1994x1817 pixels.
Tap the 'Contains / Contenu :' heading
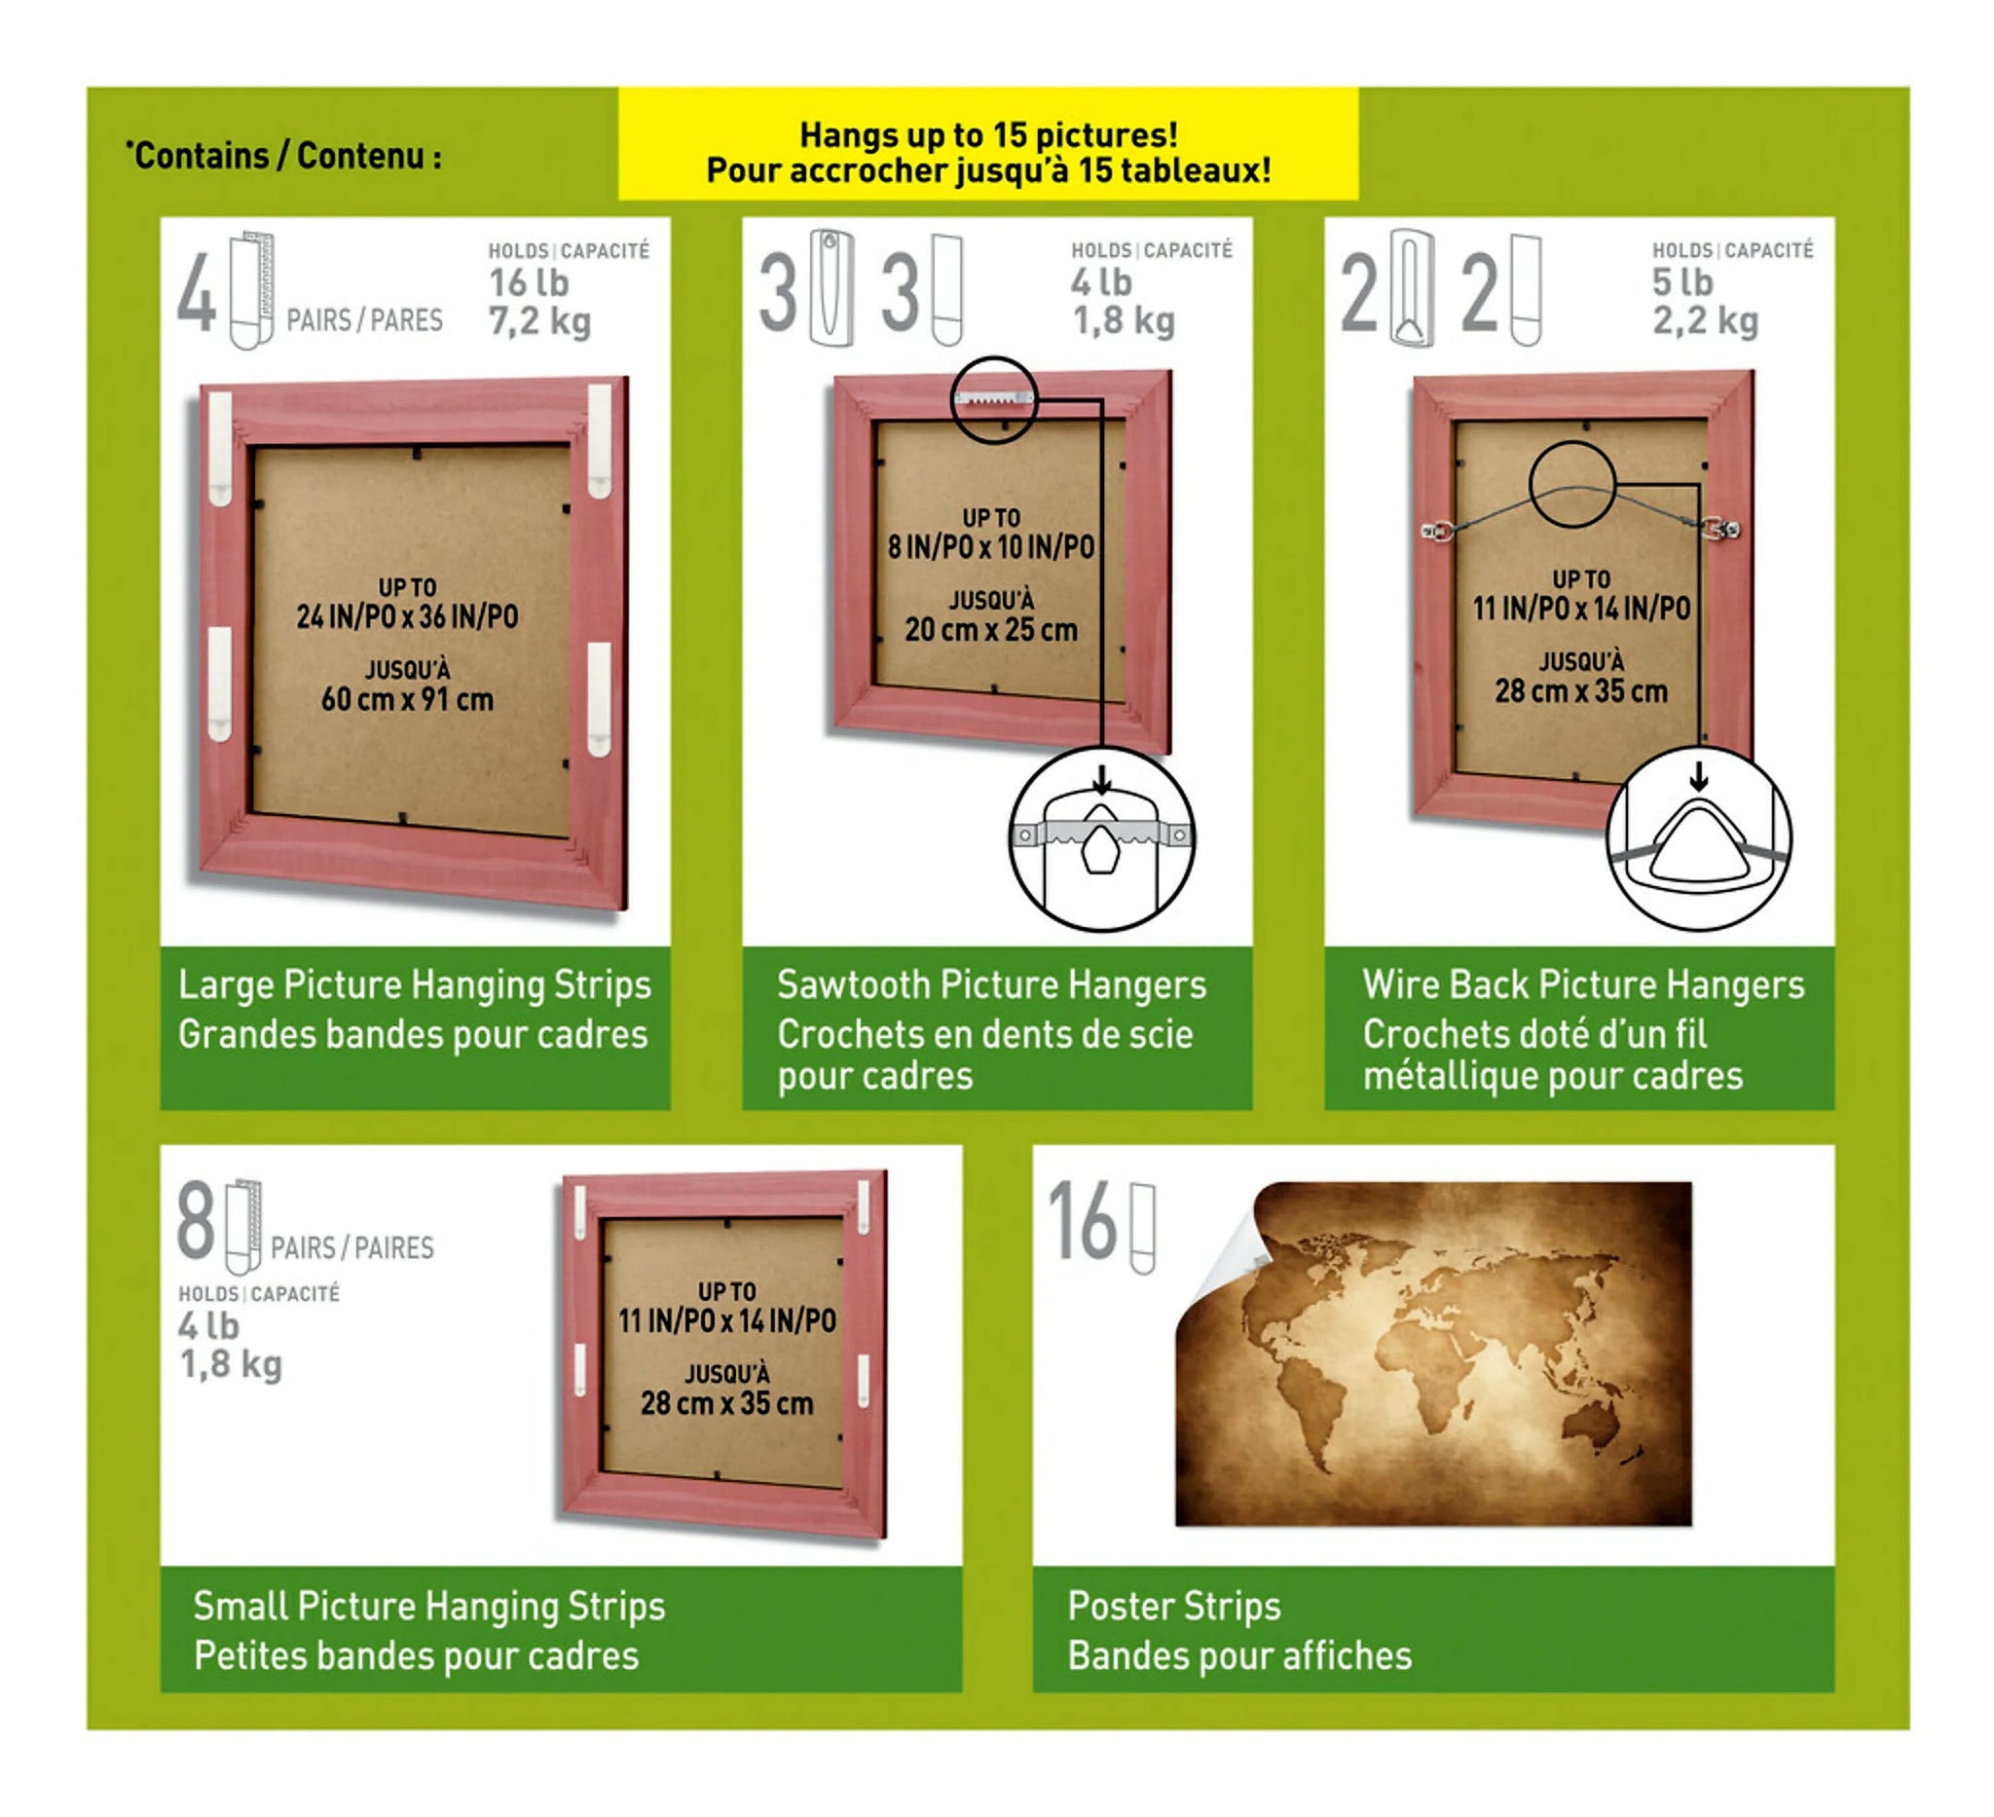point(284,155)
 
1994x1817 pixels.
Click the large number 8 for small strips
point(196,1220)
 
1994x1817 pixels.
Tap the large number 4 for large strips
point(197,293)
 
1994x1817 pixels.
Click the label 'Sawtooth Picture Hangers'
point(991,985)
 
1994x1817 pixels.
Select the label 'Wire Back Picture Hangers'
point(1583,985)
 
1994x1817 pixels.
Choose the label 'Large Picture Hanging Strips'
point(415,986)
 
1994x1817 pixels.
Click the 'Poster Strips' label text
point(1174,1607)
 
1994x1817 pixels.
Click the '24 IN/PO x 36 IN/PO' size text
point(408,617)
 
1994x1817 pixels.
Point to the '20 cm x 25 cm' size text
point(991,630)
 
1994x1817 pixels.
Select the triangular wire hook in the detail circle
point(1698,845)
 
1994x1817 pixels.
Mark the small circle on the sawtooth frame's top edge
point(994,399)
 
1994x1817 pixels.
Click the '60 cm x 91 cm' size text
point(408,700)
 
